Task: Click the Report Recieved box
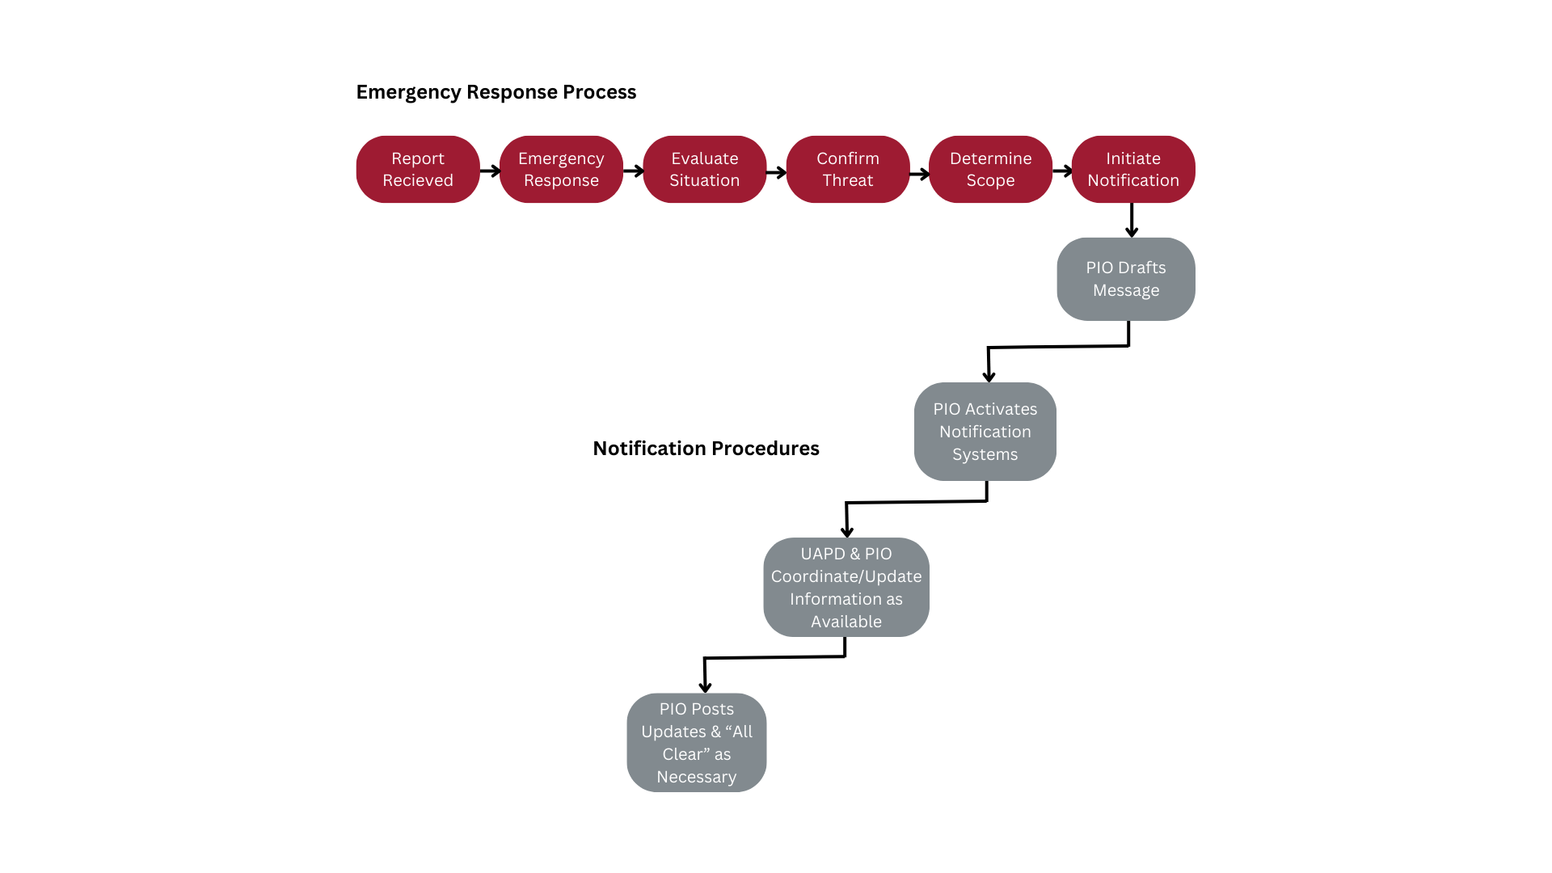coord(418,169)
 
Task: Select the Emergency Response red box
coord(561,169)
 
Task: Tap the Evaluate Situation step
coord(705,169)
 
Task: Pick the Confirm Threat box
coord(848,169)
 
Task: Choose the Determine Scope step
coord(991,169)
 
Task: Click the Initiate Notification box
coord(1133,169)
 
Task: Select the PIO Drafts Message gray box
coord(1126,279)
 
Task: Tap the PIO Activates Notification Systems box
coord(985,432)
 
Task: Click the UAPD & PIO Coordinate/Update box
coord(846,588)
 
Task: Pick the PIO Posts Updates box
coord(697,743)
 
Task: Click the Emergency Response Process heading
coord(496,92)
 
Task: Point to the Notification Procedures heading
coord(706,449)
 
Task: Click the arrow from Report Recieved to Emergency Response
coord(491,171)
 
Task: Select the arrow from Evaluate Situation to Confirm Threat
coord(777,172)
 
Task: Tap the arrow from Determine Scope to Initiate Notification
coord(1063,171)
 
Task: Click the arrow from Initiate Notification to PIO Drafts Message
coord(1132,220)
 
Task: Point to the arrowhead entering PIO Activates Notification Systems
coord(989,376)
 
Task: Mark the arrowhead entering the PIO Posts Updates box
coord(706,687)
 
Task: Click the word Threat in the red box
coord(848,180)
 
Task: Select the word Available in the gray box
coord(846,622)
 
